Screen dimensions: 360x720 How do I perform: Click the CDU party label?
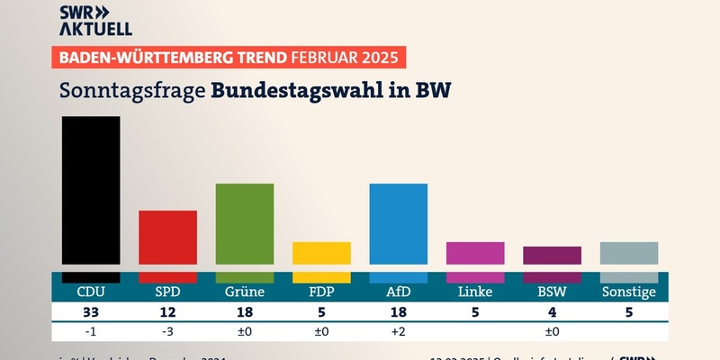[x=90, y=292]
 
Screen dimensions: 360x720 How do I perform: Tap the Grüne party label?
[x=244, y=292]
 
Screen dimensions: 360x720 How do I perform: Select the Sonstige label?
[x=629, y=292]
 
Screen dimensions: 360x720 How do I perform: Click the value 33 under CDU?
[x=90, y=312]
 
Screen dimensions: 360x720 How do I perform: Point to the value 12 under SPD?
[x=167, y=312]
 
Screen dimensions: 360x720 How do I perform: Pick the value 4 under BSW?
[x=553, y=312]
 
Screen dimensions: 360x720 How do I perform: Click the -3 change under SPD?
[x=167, y=332]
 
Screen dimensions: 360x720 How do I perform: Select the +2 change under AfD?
[x=399, y=332]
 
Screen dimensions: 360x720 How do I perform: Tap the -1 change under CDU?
[x=90, y=332]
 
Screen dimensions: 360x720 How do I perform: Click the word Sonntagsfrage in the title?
[x=130, y=91]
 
